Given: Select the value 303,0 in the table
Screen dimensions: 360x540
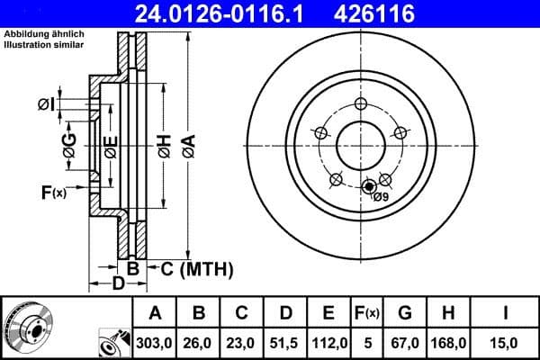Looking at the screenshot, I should (155, 342).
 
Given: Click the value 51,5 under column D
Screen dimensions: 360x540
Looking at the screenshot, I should (284, 342).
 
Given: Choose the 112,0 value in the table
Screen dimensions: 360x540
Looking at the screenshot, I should (328, 342).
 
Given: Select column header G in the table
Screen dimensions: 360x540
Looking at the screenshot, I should (404, 313).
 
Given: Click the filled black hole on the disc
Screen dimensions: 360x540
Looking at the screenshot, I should (367, 187).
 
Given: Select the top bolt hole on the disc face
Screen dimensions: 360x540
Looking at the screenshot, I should (361, 103).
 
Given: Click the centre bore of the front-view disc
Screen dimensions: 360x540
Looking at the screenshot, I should (361, 144).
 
